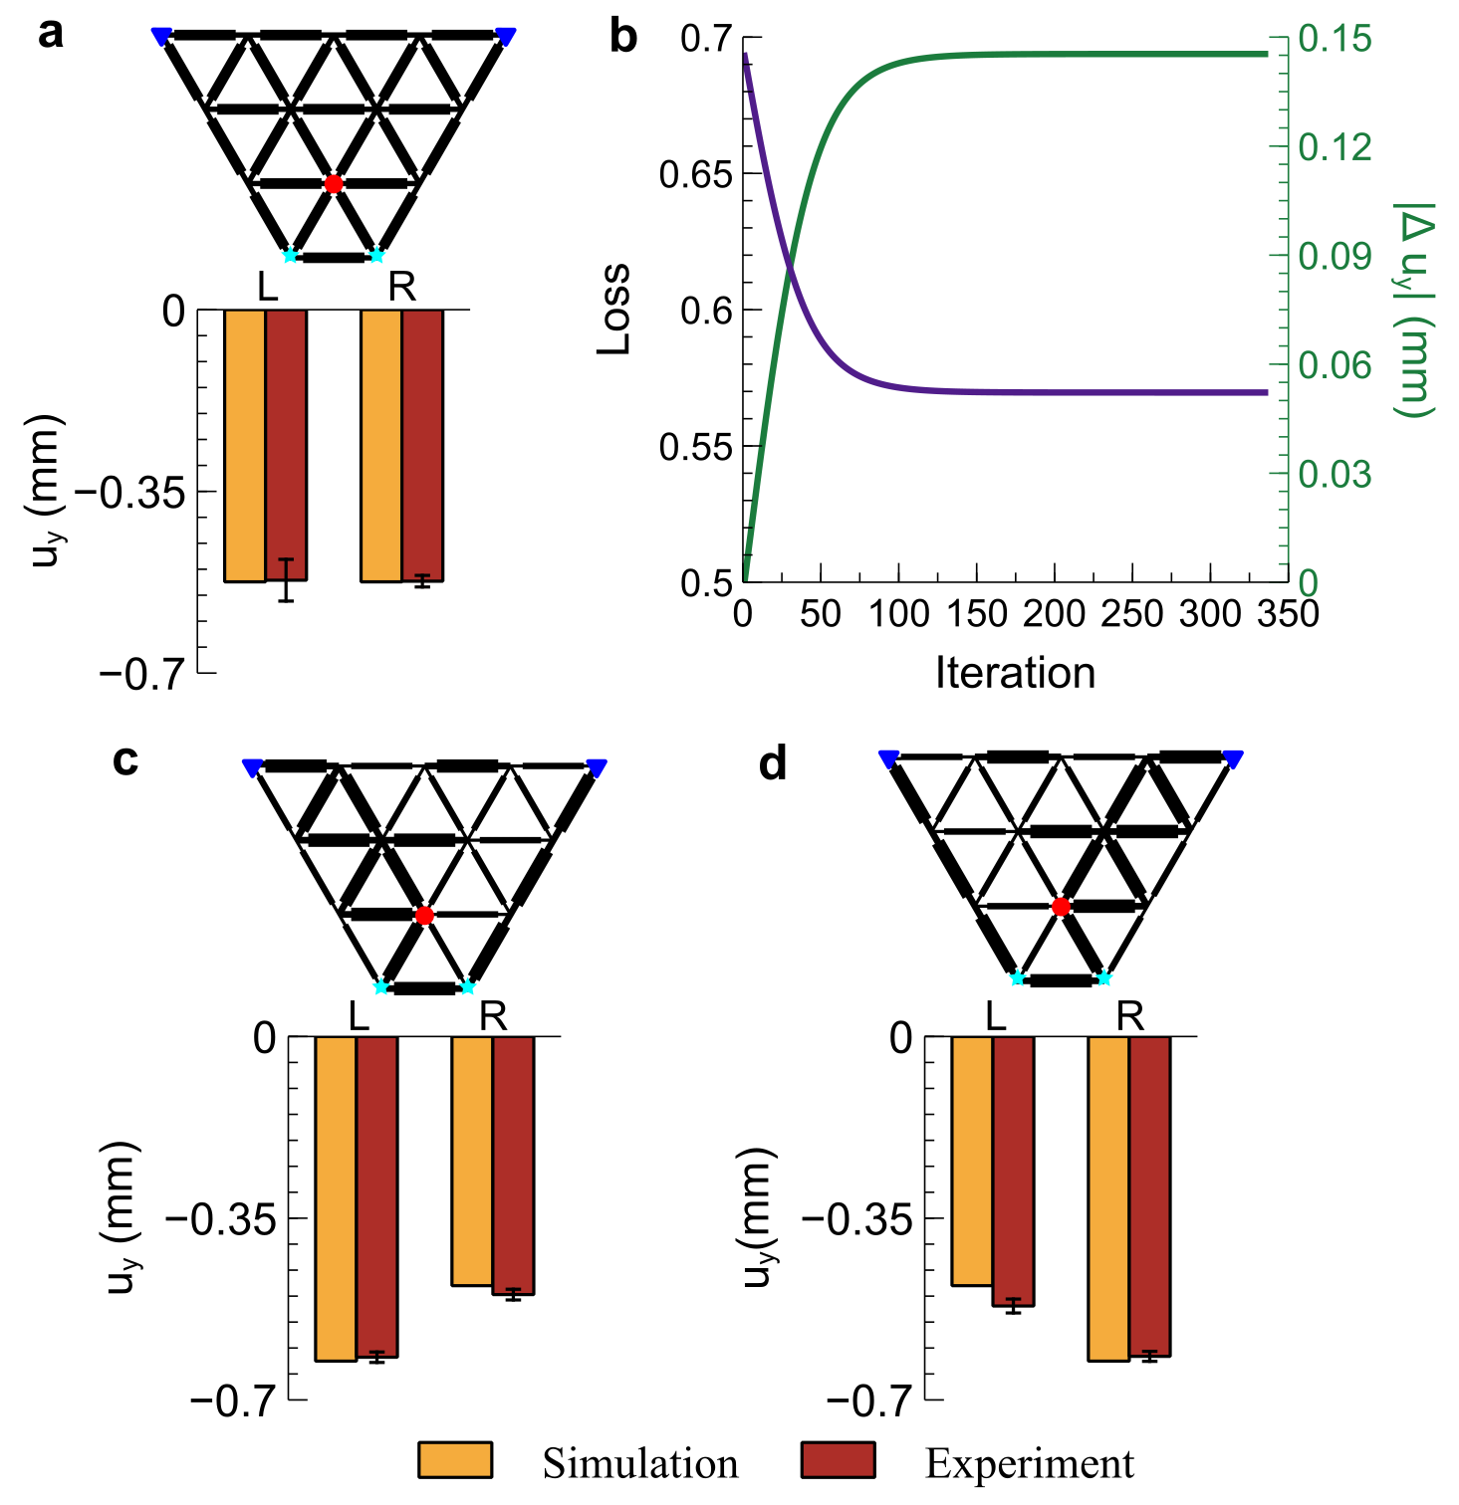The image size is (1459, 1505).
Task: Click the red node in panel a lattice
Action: point(334,184)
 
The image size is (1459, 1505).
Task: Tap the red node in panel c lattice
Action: point(425,916)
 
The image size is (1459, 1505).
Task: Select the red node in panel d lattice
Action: point(1061,907)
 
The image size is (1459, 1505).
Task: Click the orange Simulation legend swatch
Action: point(455,1460)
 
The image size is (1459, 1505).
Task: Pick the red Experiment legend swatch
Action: point(838,1460)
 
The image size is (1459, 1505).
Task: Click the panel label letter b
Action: point(622,37)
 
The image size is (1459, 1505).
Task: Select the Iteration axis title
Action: point(1015,674)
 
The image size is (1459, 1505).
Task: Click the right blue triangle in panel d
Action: point(1233,759)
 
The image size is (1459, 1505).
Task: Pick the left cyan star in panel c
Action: point(381,986)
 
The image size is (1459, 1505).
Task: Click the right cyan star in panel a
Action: point(376,255)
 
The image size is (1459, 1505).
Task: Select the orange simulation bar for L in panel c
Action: point(336,1197)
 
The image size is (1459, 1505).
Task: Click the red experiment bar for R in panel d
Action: point(1149,1195)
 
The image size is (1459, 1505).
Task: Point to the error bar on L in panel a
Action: point(286,580)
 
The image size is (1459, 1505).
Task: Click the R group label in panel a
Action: point(401,288)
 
